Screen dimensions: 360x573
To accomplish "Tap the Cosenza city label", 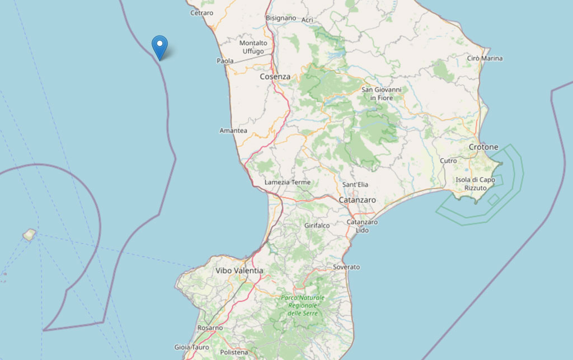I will (x=275, y=77).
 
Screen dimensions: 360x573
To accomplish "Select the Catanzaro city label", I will (x=357, y=199).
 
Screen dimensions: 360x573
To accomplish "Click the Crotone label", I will (x=483, y=147).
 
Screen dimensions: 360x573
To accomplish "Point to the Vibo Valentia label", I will (x=239, y=270).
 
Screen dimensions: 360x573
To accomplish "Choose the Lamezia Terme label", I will (x=287, y=183).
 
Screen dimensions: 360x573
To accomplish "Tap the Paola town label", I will (x=225, y=60).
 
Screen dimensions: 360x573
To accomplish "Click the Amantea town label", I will (x=233, y=130).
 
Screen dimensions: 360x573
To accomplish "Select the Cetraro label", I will (x=201, y=12).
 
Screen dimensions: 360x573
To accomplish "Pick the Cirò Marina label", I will (x=485, y=58).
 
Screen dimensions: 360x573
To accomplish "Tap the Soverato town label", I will (x=346, y=267).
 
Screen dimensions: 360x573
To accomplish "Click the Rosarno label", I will (x=210, y=328).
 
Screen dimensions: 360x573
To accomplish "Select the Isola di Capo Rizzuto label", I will (x=475, y=184).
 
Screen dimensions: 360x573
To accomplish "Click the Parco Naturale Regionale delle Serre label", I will (x=302, y=305).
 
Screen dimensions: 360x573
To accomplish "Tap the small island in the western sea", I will (x=29, y=235).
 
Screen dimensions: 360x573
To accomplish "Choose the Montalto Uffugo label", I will (x=253, y=47).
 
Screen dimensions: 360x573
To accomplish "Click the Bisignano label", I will (x=281, y=18).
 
